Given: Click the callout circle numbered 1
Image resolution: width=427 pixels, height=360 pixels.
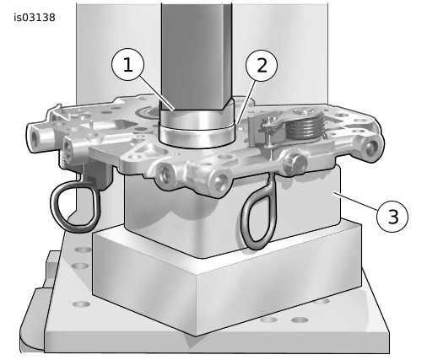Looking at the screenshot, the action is tap(128, 64).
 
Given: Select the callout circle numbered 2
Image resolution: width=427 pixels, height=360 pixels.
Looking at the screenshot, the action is tap(262, 66).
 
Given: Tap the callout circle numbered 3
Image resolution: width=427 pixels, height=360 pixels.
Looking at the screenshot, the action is tap(392, 217).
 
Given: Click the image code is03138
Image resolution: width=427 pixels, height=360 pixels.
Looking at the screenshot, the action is tap(35, 18).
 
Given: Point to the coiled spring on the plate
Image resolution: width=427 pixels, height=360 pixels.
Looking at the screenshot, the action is tap(305, 125).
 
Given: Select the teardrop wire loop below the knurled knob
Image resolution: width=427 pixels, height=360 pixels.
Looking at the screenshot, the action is tap(259, 212).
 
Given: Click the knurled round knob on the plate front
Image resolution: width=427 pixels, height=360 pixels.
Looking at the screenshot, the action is tap(295, 163).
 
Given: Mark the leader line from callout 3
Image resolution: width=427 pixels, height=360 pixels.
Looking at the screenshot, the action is tap(355, 201).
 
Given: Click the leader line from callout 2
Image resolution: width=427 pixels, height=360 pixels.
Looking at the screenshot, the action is tap(246, 103).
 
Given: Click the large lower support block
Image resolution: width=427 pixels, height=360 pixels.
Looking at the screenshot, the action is tap(227, 281).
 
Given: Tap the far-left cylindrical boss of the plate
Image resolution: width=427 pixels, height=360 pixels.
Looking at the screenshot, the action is tap(41, 138).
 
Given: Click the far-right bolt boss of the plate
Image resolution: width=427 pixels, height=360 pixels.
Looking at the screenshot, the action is tap(372, 147).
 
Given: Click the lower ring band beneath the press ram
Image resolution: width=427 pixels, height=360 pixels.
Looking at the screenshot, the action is tap(197, 137).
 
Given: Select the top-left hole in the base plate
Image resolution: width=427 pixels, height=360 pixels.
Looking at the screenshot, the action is tap(83, 250).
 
